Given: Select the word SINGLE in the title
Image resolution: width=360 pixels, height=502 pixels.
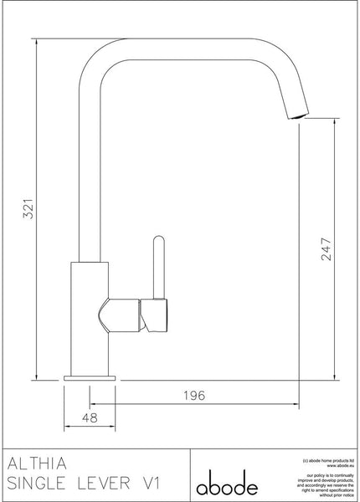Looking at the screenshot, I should click(42, 484).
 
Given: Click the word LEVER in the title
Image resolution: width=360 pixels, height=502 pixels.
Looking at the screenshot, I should click(116, 484).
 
